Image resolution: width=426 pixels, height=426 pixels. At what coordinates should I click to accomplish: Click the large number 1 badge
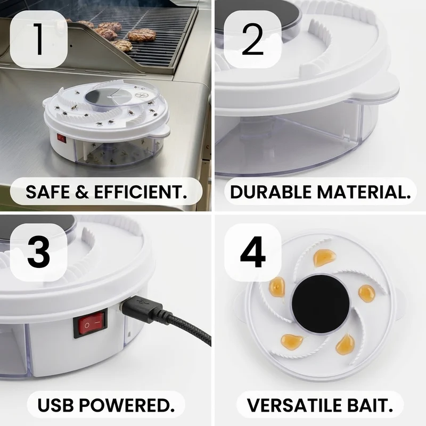point(38,39)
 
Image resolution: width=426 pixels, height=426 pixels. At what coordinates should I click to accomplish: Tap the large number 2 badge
point(252,39)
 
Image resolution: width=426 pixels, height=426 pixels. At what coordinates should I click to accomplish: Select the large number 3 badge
point(38,252)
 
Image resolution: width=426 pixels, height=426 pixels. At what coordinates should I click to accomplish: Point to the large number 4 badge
point(252,252)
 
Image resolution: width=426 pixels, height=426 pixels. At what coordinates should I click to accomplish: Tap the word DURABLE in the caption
point(271,192)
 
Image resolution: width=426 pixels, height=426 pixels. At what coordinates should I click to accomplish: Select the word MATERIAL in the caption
point(364,192)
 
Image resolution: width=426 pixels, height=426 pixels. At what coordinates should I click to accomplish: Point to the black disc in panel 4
point(320,304)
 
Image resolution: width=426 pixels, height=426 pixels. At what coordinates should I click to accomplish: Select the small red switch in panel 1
point(62,138)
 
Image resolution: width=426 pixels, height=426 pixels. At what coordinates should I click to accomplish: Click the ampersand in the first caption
point(83,192)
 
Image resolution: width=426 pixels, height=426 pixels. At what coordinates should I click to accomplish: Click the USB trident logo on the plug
point(142,302)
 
